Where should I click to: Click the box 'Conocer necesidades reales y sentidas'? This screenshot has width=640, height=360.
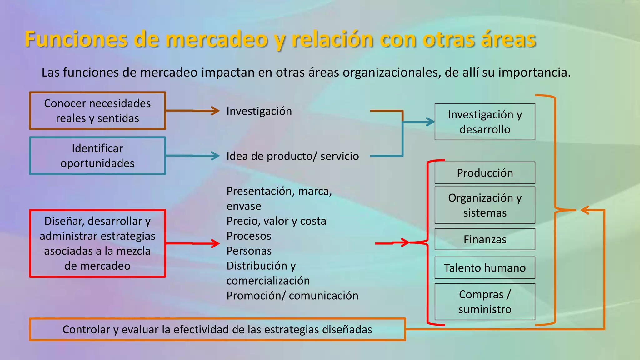coord(97,111)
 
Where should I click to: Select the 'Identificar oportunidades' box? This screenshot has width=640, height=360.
coord(97,156)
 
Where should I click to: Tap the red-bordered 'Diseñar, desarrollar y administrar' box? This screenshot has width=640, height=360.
coord(97,243)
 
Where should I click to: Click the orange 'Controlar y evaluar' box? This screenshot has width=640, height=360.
coord(217,329)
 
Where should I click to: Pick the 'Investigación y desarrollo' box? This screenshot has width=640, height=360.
coord(485,122)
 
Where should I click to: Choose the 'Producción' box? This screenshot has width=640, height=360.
coord(485,172)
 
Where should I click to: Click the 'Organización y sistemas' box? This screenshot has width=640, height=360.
coord(485,205)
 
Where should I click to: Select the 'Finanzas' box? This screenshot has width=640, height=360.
coord(485,239)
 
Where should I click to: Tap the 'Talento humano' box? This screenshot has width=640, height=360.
coord(485,267)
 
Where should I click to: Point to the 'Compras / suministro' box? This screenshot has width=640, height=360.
coord(485,302)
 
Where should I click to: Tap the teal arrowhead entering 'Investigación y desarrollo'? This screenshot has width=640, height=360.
coord(431,122)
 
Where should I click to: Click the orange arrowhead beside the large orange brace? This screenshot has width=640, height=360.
coord(584,210)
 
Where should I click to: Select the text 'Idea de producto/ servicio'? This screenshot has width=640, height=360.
coord(292,156)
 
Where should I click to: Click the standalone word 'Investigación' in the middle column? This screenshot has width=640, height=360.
coord(259,111)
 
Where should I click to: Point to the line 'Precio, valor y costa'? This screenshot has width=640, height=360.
coord(276,221)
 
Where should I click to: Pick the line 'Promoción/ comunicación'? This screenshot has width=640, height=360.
coord(292,296)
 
